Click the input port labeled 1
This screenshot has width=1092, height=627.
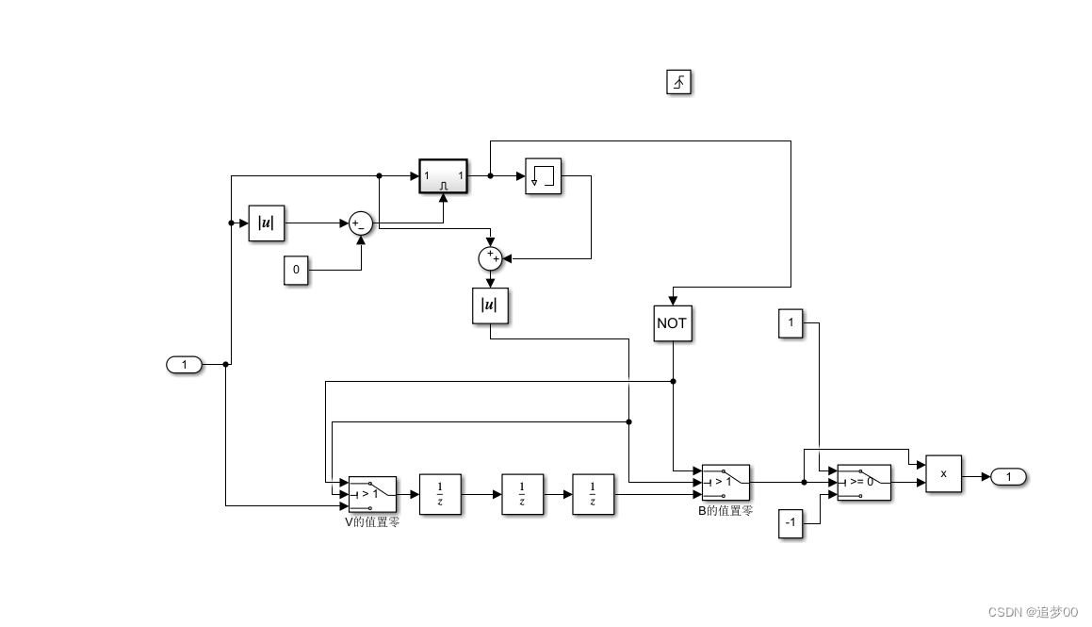point(185,364)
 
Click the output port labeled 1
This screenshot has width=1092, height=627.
point(1008,477)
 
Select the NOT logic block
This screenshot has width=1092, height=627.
point(672,322)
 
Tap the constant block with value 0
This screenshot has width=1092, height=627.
point(296,270)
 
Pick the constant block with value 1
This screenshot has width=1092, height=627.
point(790,322)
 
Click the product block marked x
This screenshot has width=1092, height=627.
point(943,473)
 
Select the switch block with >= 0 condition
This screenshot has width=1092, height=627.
point(863,482)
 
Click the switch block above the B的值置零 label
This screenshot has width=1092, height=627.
point(725,482)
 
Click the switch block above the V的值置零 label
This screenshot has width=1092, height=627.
point(372,494)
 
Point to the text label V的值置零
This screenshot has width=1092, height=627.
point(372,521)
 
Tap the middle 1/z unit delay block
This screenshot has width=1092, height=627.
point(522,494)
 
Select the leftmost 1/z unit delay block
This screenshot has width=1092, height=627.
point(440,494)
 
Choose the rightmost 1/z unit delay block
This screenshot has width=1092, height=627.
point(593,494)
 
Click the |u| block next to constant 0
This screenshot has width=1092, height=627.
point(266,223)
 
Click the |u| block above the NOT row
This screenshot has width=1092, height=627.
point(490,305)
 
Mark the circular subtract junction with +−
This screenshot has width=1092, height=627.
point(360,223)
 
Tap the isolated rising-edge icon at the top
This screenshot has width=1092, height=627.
point(678,83)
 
